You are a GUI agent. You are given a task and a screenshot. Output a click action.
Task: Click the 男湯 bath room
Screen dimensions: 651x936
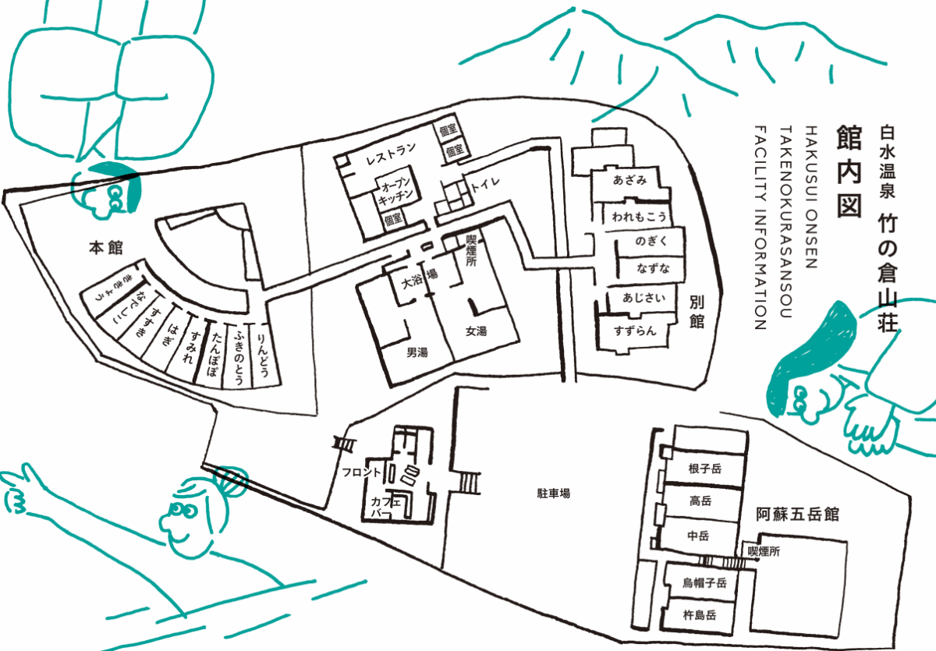[x=417, y=352]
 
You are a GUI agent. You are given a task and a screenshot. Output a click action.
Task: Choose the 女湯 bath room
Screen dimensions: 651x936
[x=476, y=331]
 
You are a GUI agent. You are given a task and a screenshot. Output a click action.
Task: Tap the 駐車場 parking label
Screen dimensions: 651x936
[x=553, y=493]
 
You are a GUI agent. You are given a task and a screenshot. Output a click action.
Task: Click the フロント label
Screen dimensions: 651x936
[x=361, y=472]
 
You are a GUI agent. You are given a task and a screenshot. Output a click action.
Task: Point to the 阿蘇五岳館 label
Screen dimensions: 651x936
[x=797, y=515]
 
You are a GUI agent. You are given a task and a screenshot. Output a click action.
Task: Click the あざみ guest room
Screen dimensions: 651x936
[x=630, y=180]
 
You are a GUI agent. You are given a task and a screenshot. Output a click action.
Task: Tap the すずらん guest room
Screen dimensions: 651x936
[x=635, y=330]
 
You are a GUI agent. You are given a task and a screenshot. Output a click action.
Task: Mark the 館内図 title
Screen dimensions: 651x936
[x=848, y=172]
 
